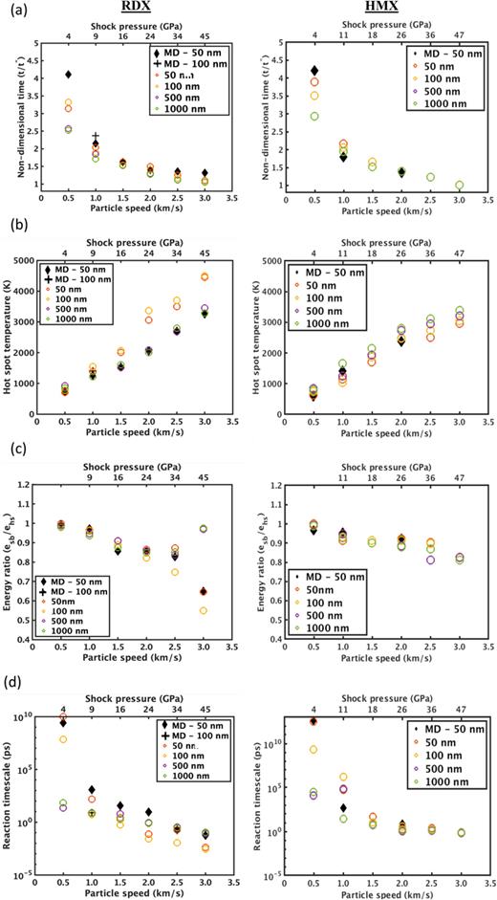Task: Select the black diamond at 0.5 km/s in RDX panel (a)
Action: [x=68, y=75]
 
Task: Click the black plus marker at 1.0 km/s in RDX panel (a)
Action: [x=96, y=137]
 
